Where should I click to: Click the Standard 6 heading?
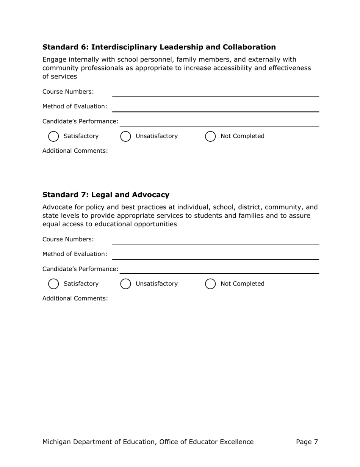tap(159, 47)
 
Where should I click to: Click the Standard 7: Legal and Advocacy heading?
tap(106, 195)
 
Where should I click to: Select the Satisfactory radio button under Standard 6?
tap(54, 136)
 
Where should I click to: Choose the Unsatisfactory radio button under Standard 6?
tap(125, 136)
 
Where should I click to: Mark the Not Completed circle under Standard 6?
tap(210, 136)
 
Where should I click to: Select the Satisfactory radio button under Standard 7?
tap(54, 284)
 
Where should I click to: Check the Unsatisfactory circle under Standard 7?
tap(125, 284)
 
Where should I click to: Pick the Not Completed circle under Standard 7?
tap(210, 284)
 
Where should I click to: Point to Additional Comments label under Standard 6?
tap(75, 151)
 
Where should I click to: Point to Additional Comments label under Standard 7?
tap(75, 298)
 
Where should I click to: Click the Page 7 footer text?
tap(307, 442)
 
